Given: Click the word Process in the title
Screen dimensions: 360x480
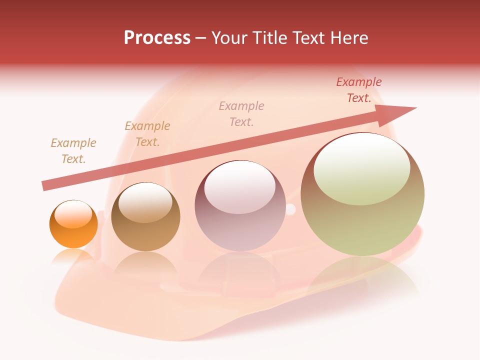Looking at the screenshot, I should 157,38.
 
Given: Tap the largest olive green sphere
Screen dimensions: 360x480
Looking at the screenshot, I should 362,195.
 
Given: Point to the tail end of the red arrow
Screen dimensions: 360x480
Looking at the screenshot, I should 45,186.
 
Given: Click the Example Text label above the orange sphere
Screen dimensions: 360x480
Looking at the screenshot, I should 73,151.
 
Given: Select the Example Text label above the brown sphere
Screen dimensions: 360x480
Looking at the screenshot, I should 147,134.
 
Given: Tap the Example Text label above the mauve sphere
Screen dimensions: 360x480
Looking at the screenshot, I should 241,113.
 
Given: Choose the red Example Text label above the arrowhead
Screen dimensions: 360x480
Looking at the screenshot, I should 359,90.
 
